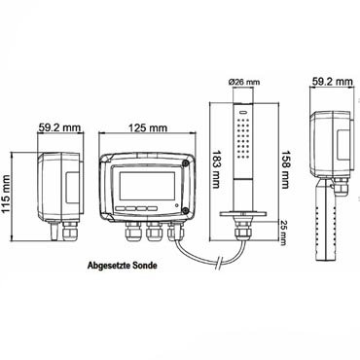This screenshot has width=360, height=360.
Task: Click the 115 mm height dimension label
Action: (7, 195)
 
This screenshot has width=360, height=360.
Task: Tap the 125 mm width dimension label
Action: (148, 128)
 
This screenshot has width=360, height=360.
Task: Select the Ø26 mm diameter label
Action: (244, 82)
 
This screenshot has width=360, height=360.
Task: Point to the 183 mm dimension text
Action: (215, 169)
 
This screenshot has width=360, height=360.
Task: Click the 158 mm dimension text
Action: (284, 169)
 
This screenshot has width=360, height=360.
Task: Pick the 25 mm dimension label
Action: (284, 233)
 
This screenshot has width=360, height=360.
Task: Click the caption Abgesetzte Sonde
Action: (123, 266)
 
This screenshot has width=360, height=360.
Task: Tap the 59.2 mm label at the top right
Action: (332, 81)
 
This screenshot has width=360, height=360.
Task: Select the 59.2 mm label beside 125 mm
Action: (59, 127)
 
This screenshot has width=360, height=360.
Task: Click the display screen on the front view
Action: (148, 186)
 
